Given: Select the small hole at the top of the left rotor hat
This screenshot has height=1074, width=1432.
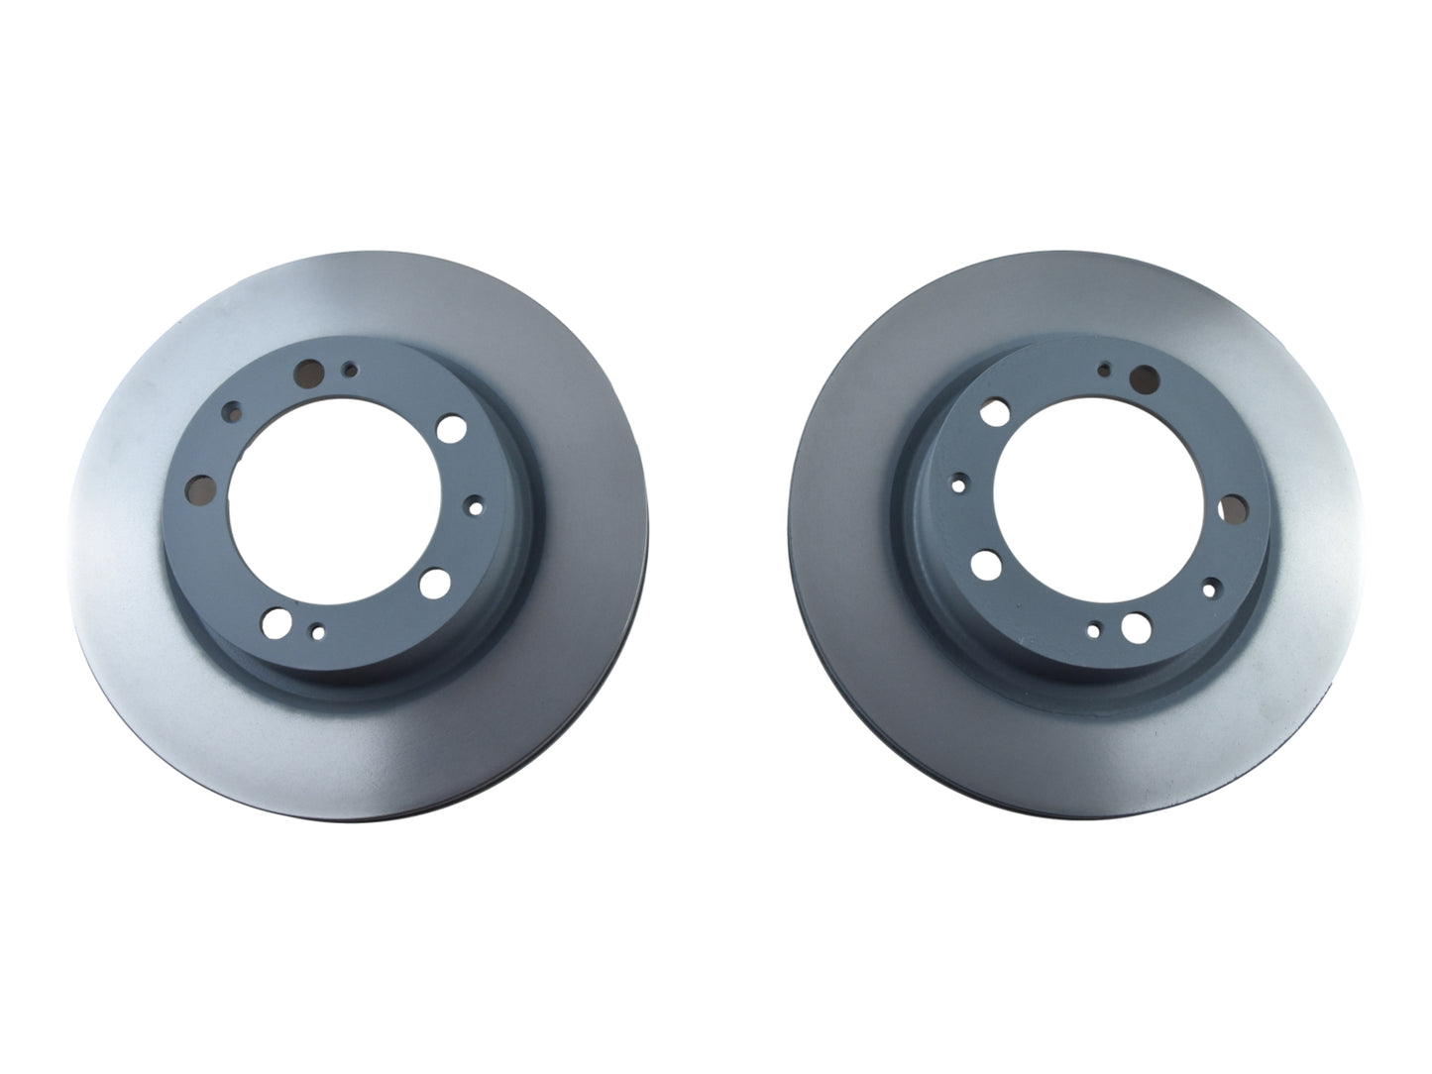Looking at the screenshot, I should [x=349, y=370].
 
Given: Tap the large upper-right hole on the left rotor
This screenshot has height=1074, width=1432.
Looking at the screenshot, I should [x=451, y=427].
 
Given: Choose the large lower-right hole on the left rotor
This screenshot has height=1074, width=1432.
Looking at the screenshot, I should [x=433, y=585].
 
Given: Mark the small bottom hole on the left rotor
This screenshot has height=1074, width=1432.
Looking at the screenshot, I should [x=317, y=630].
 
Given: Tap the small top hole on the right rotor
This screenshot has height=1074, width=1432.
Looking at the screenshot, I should [x=1105, y=370].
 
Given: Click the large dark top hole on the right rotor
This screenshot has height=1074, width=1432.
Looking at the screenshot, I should [x=1144, y=377].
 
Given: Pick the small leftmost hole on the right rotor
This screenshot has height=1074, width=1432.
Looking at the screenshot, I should [x=958, y=485].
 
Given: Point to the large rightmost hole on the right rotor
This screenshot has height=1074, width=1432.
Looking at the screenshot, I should [x=1234, y=510].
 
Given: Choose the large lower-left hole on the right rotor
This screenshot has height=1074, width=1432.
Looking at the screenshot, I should [x=985, y=565].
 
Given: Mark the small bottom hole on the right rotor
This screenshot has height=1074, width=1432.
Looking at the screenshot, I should [x=1093, y=629].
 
